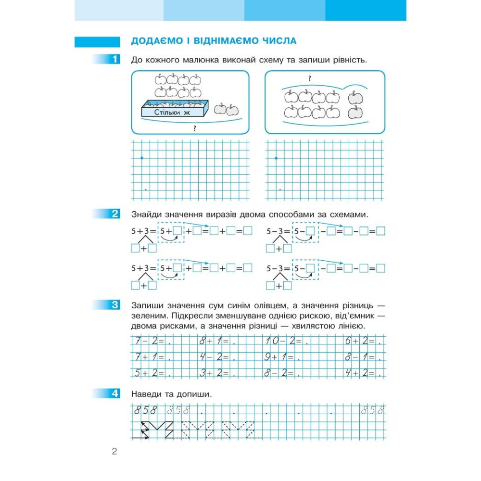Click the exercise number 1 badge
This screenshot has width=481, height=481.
click(114, 60)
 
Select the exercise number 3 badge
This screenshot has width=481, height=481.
click(114, 305)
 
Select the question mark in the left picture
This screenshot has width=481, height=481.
click(194, 128)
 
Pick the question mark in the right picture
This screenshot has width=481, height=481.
click(309, 78)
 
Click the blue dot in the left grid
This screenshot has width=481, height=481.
click(141, 158)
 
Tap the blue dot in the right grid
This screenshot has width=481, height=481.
click(276, 158)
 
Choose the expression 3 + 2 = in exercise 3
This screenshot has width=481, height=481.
click(212, 372)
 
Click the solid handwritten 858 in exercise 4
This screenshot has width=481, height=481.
click(146, 410)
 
